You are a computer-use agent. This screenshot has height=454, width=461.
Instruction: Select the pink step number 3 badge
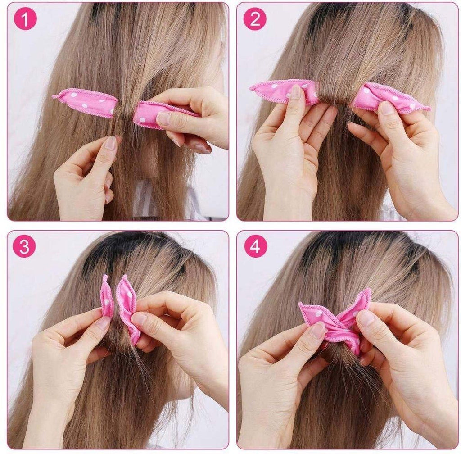24,246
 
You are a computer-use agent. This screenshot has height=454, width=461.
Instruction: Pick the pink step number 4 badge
255,246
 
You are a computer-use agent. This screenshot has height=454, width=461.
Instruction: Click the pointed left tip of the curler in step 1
54,96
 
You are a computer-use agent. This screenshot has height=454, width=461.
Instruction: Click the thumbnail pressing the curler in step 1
163,118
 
